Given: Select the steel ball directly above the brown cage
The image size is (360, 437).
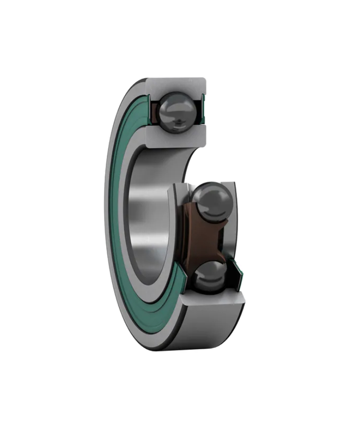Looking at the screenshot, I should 212,200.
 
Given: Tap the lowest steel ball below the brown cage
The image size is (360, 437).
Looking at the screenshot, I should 209,275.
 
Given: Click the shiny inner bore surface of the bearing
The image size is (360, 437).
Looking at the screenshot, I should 146,214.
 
